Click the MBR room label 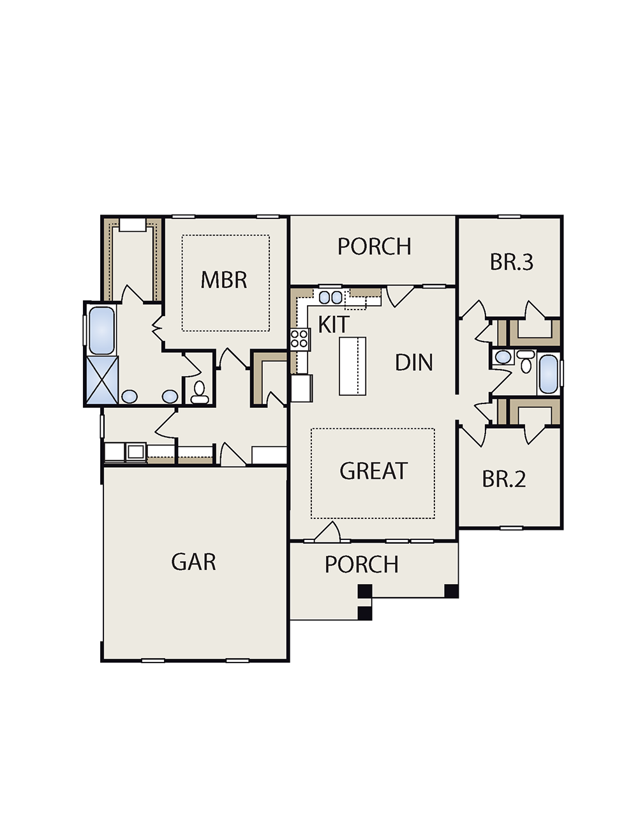[224, 280]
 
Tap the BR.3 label [512, 262]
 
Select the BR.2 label [504, 479]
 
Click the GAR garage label [193, 562]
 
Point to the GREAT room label [373, 471]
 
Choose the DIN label [413, 363]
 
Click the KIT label [333, 325]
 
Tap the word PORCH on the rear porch [374, 246]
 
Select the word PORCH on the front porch [362, 564]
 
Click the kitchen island [352, 366]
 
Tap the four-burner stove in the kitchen [300, 339]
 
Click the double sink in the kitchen [330, 297]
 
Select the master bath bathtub [101, 330]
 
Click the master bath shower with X [102, 379]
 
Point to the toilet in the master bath [199, 393]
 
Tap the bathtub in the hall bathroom [548, 374]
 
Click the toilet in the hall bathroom [526, 361]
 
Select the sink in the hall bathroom [503, 357]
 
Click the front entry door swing [327, 531]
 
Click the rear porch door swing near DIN [399, 296]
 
